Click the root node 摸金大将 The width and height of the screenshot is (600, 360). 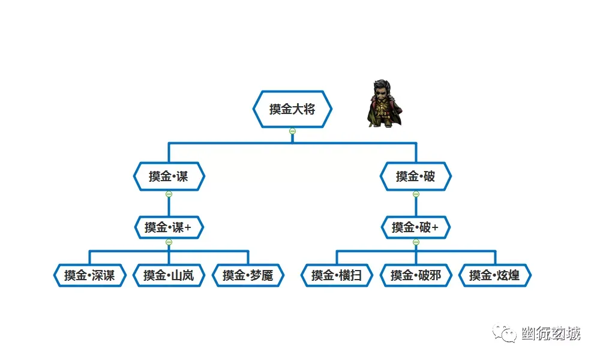click(292, 109)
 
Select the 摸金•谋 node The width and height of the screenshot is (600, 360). click(169, 176)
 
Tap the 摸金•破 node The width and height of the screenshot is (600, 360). click(416, 176)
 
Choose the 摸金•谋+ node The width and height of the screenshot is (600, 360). click(169, 227)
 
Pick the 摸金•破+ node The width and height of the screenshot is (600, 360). click(416, 227)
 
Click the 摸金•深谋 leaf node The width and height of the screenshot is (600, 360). click(89, 275)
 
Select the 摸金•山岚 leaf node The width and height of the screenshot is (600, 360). click(169, 275)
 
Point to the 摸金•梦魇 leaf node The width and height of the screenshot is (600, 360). click(248, 275)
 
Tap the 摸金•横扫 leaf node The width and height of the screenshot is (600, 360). click(337, 275)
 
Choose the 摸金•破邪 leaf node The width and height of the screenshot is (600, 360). click(416, 275)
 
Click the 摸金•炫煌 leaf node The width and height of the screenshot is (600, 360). click(495, 275)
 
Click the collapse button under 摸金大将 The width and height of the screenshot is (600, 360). click(292, 131)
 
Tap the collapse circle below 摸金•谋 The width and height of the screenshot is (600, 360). click(169, 194)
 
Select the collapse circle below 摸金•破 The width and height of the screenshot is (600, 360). click(416, 194)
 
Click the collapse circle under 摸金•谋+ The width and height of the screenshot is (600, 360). click(169, 242)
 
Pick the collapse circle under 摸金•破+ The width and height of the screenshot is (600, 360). click(416, 242)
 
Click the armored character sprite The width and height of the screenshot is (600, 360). click(384, 104)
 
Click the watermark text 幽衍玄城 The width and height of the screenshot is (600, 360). click(551, 334)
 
